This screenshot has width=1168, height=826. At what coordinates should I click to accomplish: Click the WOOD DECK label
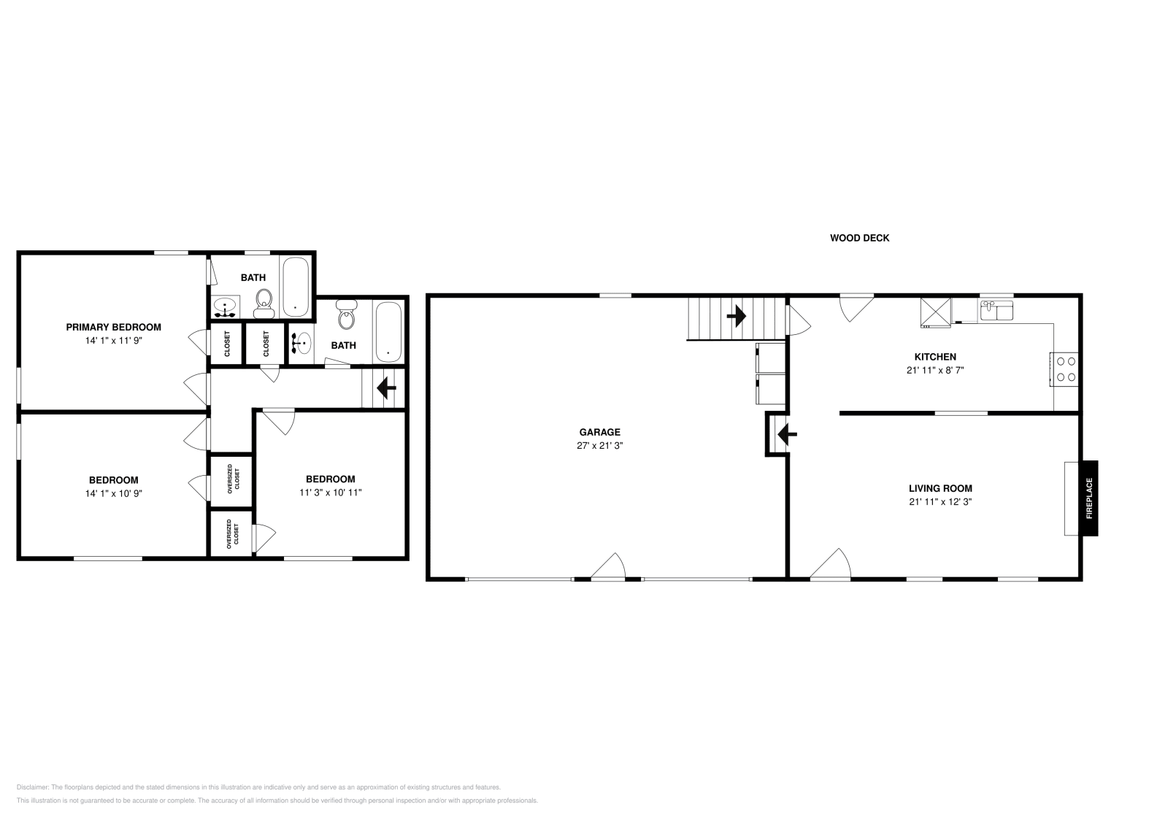click(859, 238)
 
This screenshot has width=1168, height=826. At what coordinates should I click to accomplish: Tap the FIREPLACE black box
click(1089, 498)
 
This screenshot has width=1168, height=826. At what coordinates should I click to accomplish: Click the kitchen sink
click(996, 312)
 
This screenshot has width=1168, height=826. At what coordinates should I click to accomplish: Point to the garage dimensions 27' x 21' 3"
click(599, 445)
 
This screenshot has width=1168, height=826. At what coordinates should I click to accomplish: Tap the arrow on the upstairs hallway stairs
click(385, 389)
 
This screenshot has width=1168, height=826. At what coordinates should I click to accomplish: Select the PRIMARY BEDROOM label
click(113, 327)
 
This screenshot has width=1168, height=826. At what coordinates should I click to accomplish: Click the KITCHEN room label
click(935, 357)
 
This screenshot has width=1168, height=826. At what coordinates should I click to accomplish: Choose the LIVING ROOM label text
click(940, 488)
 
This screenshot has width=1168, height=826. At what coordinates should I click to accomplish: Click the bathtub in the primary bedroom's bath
click(295, 287)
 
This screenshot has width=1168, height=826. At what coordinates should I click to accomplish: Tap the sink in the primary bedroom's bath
click(226, 308)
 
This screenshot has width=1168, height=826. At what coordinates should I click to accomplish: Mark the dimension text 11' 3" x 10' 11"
click(330, 493)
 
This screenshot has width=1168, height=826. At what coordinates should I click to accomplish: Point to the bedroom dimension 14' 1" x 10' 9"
click(113, 493)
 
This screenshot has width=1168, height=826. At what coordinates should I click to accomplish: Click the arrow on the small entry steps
click(786, 435)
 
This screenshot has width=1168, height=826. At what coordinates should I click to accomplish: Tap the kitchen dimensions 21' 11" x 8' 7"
click(935, 370)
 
